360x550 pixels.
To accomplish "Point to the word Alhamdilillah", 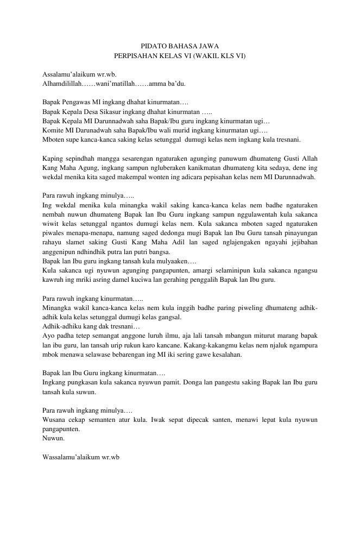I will [x=62, y=84].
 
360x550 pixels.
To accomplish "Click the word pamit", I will [x=176, y=382].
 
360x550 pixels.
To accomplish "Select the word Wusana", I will [x=54, y=420].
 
